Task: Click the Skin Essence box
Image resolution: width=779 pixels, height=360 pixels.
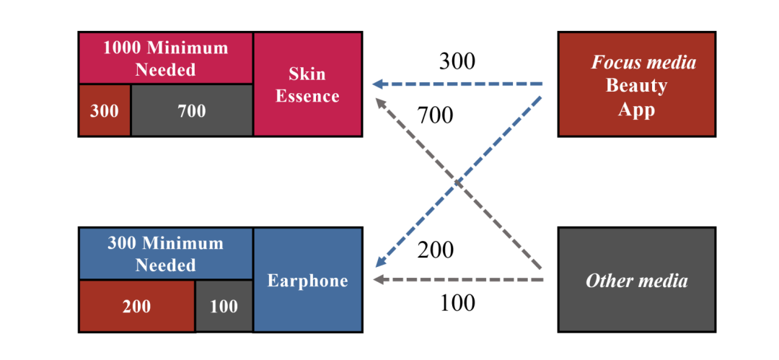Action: coord(307,84)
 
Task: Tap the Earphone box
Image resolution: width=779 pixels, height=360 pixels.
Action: coord(307,281)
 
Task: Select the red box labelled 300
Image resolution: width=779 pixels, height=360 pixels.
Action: coord(105,110)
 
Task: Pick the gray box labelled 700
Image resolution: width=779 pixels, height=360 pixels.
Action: coord(191,110)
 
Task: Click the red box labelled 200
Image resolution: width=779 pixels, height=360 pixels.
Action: coord(136,306)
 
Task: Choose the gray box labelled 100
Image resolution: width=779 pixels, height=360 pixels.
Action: coord(224,306)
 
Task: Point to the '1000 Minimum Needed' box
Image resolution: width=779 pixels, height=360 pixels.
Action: coord(165,58)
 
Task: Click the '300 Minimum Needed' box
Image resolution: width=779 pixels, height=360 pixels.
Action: coord(165,253)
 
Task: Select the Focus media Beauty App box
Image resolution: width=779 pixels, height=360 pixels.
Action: coord(636,84)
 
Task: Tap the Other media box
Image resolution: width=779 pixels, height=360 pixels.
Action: coord(636,280)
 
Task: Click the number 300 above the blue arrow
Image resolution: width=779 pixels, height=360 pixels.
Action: coord(457,62)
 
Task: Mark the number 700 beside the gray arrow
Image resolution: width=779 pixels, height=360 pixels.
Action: coord(435,114)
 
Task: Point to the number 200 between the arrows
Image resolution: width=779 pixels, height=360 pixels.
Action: coord(436,250)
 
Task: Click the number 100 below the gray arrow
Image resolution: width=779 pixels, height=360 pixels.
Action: coord(457,302)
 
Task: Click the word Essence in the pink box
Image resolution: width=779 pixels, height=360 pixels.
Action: coord(307,96)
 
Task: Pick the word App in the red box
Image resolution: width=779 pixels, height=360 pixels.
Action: coord(636,109)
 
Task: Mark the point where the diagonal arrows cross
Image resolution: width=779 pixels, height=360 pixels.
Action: coord(458,182)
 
